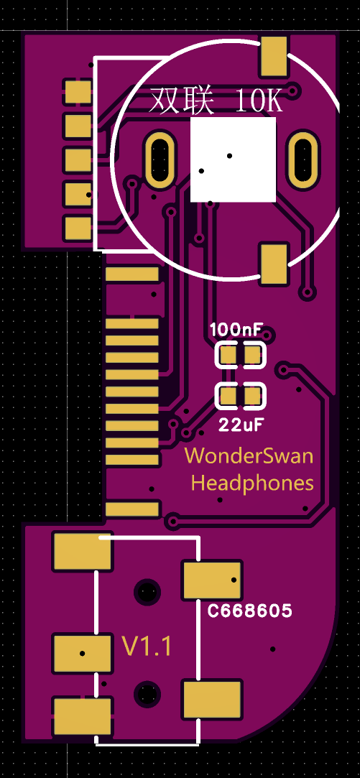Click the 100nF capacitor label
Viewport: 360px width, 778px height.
(236, 330)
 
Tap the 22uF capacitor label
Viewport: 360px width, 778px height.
(241, 425)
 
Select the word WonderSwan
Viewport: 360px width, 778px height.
(249, 456)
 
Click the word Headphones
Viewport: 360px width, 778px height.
(253, 483)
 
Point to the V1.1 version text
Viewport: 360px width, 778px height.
(147, 647)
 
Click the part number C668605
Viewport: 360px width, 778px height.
(250, 611)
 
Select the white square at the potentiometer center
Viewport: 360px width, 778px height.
(233, 159)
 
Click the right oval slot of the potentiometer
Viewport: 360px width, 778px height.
(303, 158)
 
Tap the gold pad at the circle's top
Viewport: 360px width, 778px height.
(274, 57)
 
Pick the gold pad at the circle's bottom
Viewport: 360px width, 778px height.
(274, 264)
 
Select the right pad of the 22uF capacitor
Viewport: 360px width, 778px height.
(253, 396)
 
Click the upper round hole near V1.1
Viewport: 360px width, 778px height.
(147, 591)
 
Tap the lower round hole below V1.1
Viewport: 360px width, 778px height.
(147, 693)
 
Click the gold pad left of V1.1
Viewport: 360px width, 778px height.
(82, 653)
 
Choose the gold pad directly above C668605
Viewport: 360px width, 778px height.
(212, 580)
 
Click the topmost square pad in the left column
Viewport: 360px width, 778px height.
(78, 92)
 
